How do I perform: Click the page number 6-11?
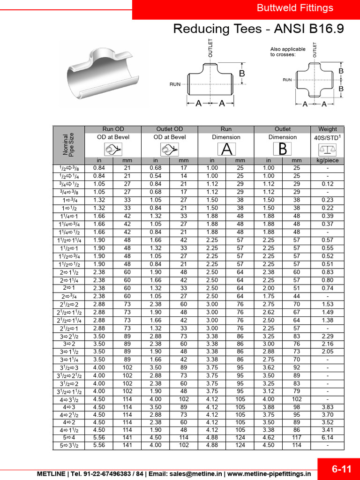click(342, 469)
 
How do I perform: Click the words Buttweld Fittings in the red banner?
click(295, 8)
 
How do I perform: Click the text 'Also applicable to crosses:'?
click(287, 52)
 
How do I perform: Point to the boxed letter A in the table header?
click(226, 150)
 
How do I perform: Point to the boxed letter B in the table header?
click(282, 150)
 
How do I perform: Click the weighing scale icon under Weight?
click(327, 150)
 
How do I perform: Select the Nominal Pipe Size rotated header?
click(68, 144)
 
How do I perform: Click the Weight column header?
click(327, 129)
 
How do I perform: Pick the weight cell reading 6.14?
click(327, 438)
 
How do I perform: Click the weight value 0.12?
click(327, 184)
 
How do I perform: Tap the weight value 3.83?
click(327, 407)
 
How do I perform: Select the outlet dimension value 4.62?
click(268, 438)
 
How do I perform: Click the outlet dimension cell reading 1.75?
click(268, 296)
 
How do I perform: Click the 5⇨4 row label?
click(68, 438)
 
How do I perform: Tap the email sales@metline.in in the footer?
click(196, 474)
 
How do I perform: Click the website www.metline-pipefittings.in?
click(270, 474)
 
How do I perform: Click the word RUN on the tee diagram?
click(175, 84)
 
